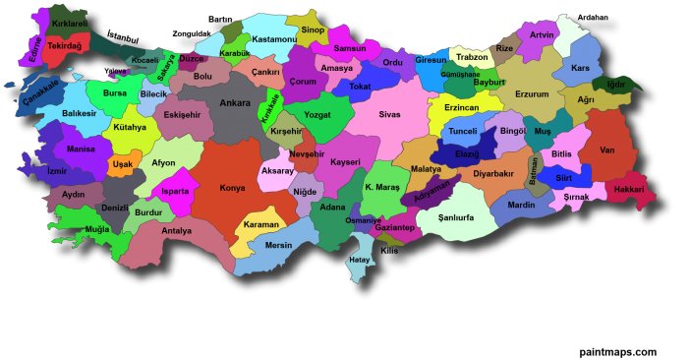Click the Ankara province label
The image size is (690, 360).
click(x=235, y=102)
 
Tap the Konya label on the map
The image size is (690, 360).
click(x=233, y=187)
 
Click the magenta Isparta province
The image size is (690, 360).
click(x=175, y=193)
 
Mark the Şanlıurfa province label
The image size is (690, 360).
click(x=457, y=217)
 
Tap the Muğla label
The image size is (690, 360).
click(x=98, y=228)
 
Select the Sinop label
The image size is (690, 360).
click(x=313, y=30)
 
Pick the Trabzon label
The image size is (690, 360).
click(x=472, y=57)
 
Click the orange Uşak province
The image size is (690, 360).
click(x=122, y=164)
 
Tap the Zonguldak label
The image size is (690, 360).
click(x=192, y=32)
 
